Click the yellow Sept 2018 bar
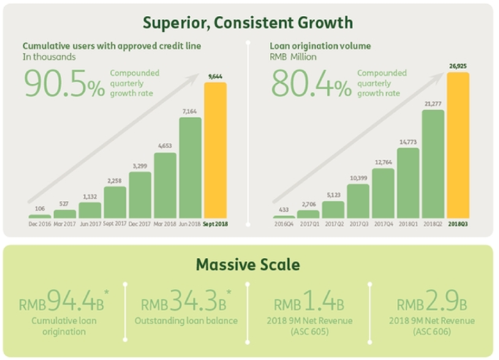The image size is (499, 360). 215,150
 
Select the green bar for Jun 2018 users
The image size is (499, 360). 190,168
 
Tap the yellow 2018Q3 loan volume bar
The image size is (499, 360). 458,145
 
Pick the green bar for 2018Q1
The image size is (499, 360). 408,183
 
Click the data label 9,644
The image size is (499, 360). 215,76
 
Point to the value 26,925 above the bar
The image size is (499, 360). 458,66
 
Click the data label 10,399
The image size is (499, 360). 358,178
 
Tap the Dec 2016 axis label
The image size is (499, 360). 40,224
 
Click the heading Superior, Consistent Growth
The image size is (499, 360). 248,23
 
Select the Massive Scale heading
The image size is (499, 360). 248,264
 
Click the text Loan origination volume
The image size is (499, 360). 320,46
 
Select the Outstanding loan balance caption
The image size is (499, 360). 186,320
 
